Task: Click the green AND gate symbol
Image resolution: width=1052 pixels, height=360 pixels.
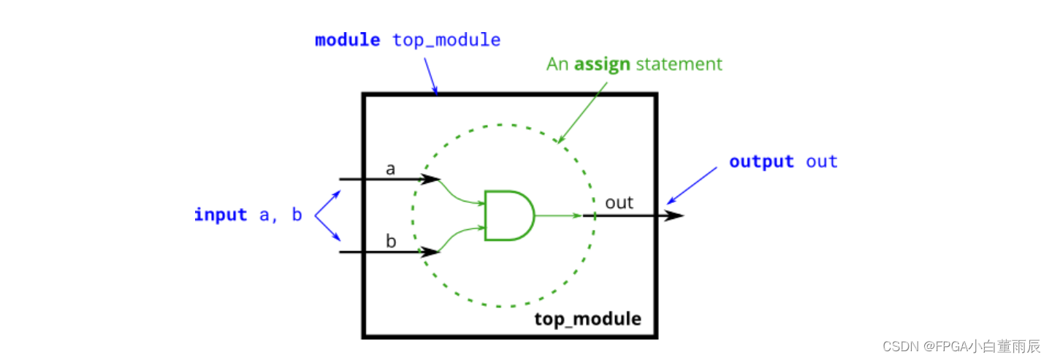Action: click(x=508, y=215)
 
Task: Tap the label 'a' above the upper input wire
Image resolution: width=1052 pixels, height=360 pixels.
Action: click(x=390, y=169)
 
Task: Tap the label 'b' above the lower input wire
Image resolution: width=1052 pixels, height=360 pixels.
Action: click(x=391, y=242)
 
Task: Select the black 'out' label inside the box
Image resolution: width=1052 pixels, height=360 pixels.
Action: click(x=619, y=202)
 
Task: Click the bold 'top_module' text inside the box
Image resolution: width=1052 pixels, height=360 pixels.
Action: click(x=587, y=319)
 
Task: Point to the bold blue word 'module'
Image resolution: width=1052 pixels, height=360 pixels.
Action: click(x=347, y=40)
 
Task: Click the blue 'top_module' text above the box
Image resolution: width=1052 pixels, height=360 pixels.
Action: click(x=446, y=40)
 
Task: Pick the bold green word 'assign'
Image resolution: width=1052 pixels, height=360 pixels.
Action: click(x=602, y=64)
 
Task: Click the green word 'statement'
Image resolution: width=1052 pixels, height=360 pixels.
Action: click(x=679, y=64)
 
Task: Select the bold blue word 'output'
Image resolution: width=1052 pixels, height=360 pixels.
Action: click(x=761, y=161)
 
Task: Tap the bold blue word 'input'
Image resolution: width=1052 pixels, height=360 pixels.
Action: click(x=220, y=215)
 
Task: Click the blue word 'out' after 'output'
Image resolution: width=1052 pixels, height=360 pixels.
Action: click(x=822, y=161)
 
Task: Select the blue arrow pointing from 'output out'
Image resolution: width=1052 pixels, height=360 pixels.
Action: click(x=692, y=185)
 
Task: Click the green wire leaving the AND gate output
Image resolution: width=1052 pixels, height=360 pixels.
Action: click(x=558, y=215)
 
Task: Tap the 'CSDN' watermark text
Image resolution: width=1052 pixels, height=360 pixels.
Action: click(x=898, y=346)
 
